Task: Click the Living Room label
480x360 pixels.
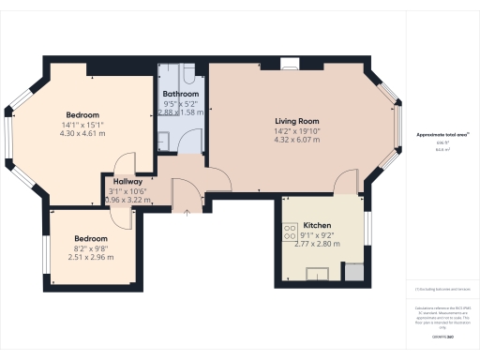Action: coord(297,121)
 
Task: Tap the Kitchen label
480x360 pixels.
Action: coord(317,226)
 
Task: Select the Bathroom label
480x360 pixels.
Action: coord(181,95)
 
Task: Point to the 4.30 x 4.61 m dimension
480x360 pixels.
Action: coord(83,134)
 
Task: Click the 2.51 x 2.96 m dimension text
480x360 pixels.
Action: coord(91,256)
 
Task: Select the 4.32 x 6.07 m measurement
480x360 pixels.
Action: coord(297,141)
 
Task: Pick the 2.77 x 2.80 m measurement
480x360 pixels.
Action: coord(317,244)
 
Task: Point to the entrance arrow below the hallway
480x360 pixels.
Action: coord(187,212)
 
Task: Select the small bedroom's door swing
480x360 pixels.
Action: coord(122,212)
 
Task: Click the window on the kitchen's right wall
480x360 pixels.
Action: coord(367,227)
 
